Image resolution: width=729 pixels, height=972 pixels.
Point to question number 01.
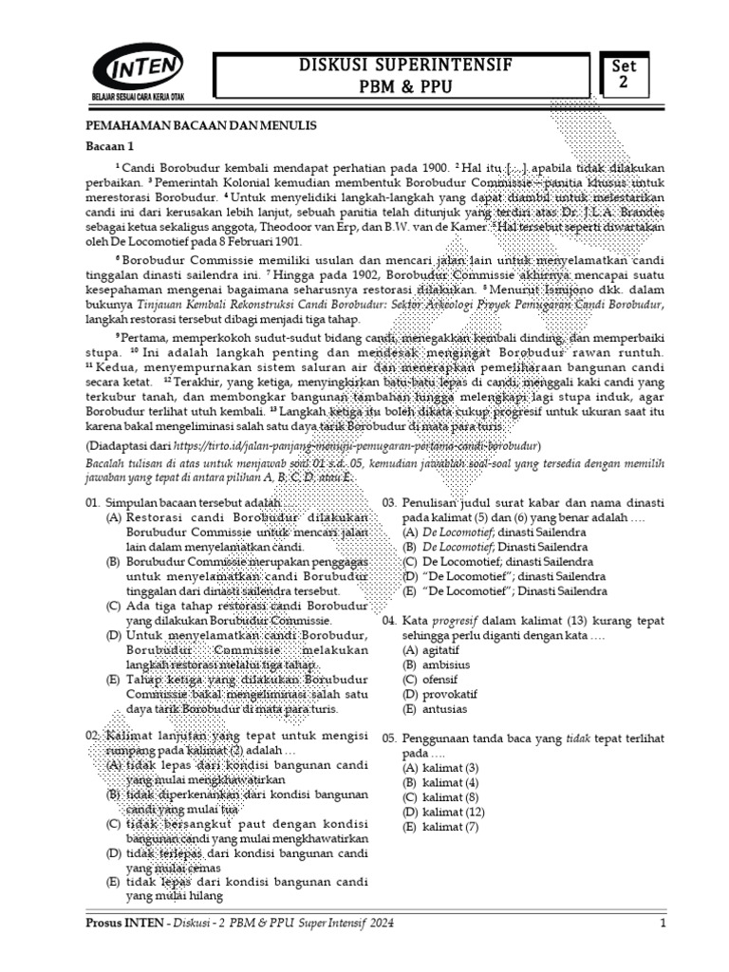(x=93, y=502)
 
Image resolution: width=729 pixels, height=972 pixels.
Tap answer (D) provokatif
(x=431, y=694)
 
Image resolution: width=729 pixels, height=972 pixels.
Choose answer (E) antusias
(x=427, y=708)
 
